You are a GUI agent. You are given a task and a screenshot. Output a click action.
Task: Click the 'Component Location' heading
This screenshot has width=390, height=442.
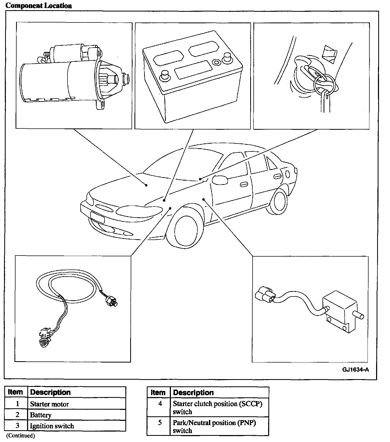pos(39,6)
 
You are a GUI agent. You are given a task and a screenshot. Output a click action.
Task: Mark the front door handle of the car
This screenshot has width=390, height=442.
pos(243,185)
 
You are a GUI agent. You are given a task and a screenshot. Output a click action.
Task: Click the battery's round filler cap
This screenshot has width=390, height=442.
pos(216,62)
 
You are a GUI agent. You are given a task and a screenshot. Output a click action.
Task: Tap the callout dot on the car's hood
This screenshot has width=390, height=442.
pos(146,185)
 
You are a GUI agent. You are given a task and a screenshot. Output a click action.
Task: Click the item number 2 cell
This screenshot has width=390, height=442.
pos(17,415)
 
